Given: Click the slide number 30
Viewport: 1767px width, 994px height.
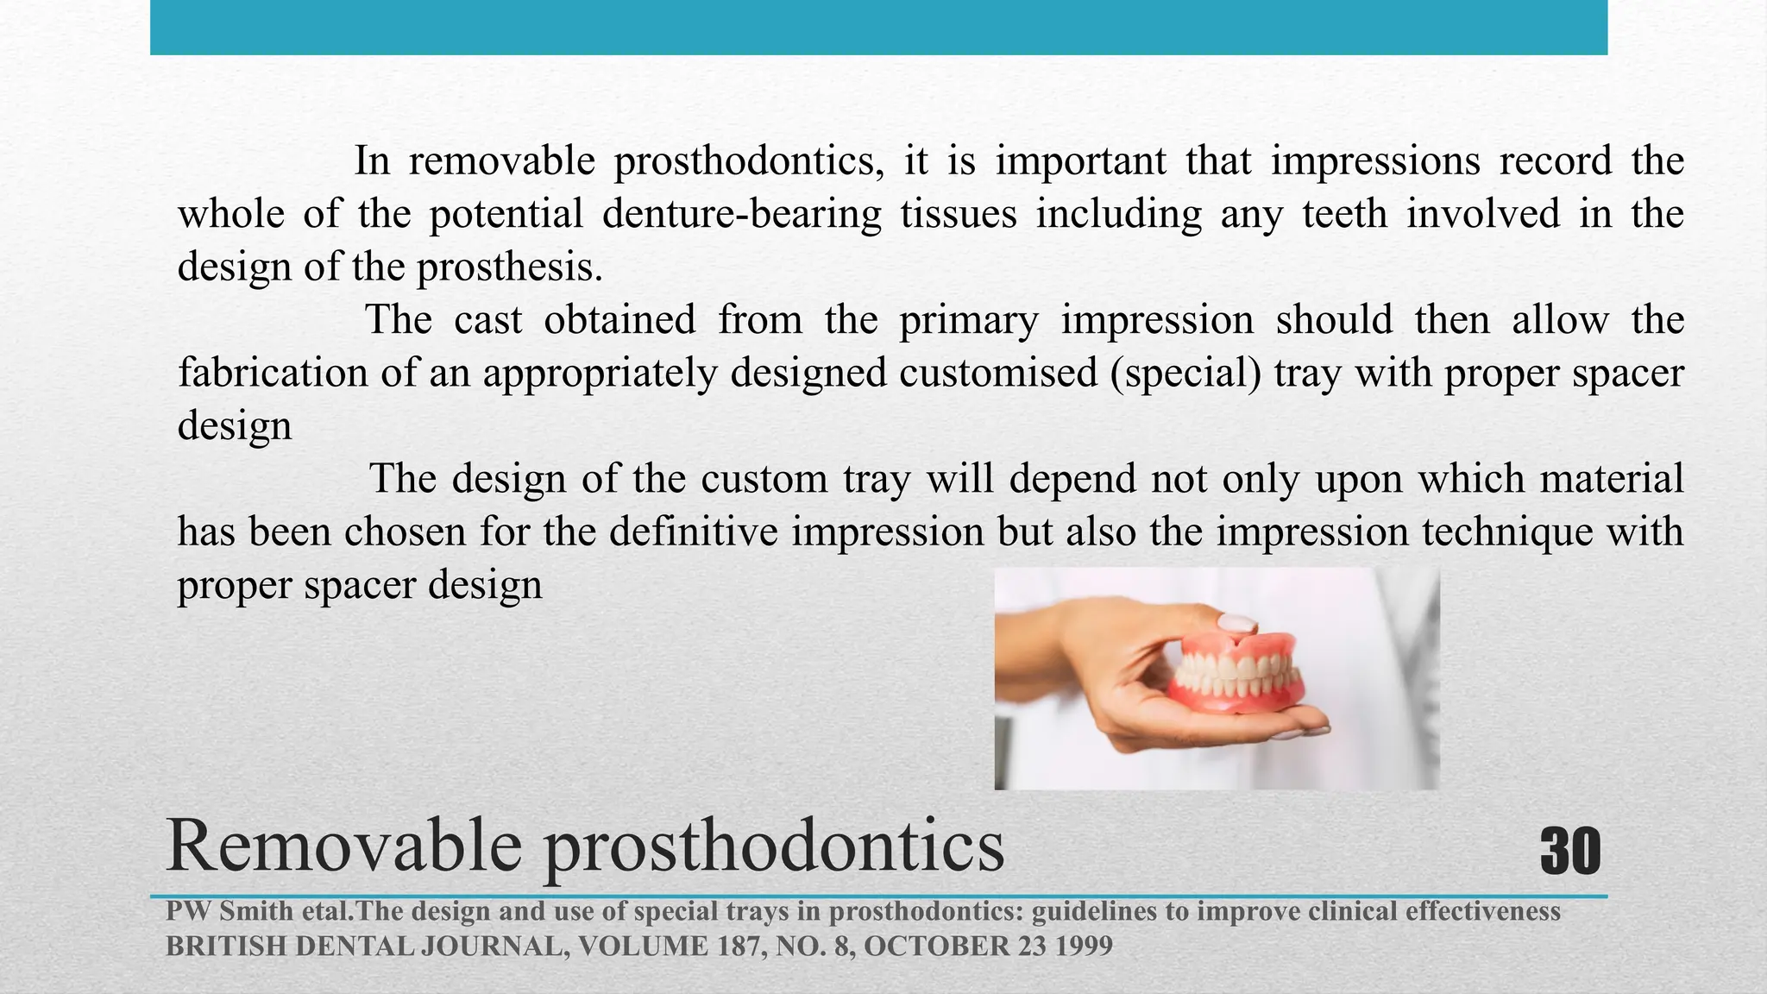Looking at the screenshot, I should [x=1569, y=852].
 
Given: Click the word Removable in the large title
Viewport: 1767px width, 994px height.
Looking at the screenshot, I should [x=343, y=846].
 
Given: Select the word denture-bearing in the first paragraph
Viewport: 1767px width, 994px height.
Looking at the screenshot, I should [x=742, y=214].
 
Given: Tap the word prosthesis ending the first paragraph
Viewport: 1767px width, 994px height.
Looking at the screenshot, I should [x=510, y=267].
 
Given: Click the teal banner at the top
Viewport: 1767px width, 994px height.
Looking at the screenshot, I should [x=878, y=27].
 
